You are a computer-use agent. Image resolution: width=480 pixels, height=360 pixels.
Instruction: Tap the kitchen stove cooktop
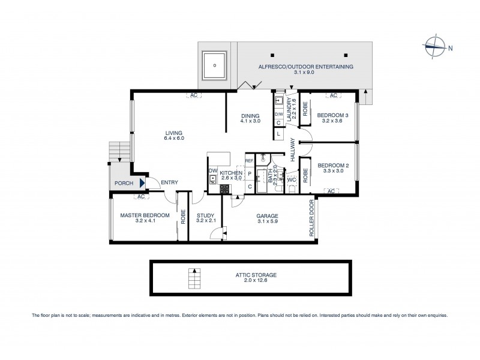(224, 188)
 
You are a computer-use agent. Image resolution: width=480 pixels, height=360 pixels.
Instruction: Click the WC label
(291, 179)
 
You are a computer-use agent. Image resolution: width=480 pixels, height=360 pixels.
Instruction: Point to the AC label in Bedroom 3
(334, 95)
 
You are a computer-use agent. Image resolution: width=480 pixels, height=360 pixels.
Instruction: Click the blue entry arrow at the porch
(142, 184)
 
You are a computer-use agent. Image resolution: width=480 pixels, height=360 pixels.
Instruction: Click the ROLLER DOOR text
(312, 219)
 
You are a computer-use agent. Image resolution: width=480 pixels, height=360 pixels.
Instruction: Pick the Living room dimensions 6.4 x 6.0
(175, 139)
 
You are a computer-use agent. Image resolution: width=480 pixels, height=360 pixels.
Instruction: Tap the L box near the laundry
(279, 134)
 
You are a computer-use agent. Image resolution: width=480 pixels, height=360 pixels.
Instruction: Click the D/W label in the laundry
(279, 114)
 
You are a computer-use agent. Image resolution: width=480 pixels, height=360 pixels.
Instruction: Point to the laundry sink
(280, 101)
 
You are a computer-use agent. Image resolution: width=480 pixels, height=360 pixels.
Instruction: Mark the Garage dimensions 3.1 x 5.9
(268, 221)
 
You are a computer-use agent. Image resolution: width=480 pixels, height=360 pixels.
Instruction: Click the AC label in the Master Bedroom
(142, 197)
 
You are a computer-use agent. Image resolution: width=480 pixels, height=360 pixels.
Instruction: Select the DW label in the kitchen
(212, 171)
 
